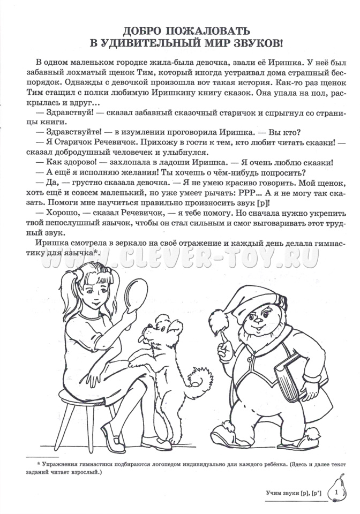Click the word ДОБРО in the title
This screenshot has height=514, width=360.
click(x=141, y=32)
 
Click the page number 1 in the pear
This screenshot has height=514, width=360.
click(x=336, y=491)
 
